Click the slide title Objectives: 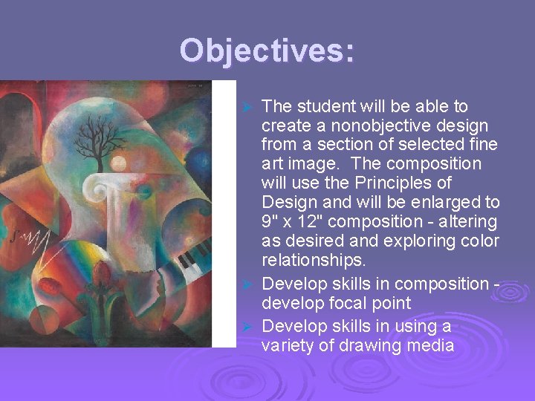(x=267, y=51)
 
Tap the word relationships (x=311, y=260)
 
